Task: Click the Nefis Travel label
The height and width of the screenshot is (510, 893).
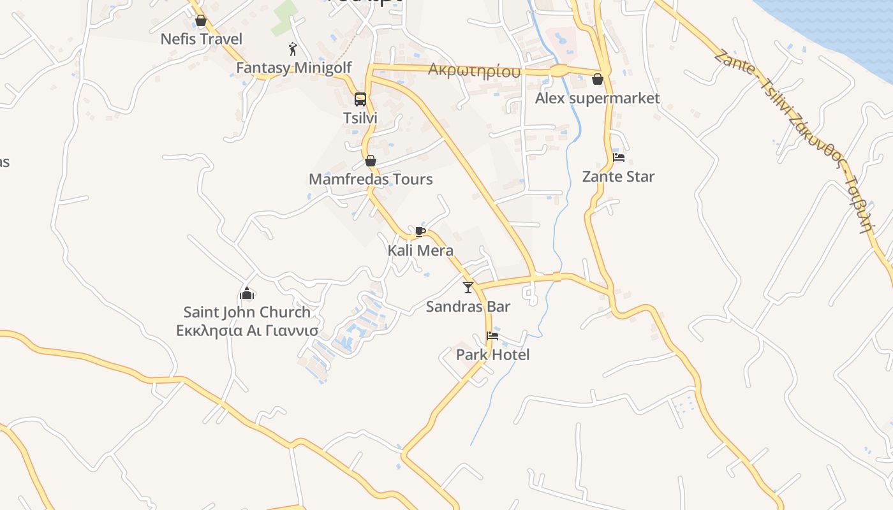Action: pos(201,39)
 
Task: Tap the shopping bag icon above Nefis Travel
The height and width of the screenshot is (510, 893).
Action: pos(201,21)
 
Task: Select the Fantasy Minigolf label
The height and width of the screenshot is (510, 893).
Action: pos(293,68)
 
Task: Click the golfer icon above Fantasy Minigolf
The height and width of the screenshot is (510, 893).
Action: pos(293,49)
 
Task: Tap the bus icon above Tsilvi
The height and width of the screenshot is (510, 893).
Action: pos(360,99)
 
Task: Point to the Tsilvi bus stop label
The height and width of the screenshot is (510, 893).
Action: pos(360,118)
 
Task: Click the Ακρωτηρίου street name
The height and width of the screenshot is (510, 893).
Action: pos(474,70)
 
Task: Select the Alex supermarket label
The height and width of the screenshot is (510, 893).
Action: pos(597,98)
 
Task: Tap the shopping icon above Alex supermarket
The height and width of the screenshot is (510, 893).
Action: pos(598,80)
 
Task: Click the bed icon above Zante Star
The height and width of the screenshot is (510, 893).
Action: pos(618,157)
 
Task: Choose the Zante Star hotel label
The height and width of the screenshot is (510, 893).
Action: pos(618,177)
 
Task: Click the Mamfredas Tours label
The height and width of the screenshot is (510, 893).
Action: pos(371,179)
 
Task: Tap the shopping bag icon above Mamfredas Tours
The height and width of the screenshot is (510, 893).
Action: pos(371,161)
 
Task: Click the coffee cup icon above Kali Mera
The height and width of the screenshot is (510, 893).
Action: pos(420,231)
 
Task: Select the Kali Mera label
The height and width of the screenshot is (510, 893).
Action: pos(420,251)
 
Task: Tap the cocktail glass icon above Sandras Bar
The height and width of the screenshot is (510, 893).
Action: pos(468,288)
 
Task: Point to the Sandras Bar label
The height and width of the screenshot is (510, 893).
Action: pos(468,307)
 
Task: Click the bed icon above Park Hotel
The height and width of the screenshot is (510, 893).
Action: pos(492,336)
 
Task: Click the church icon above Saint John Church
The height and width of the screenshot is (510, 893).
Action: pos(247,293)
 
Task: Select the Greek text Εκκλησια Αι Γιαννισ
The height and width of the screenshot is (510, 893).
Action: pos(247,331)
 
